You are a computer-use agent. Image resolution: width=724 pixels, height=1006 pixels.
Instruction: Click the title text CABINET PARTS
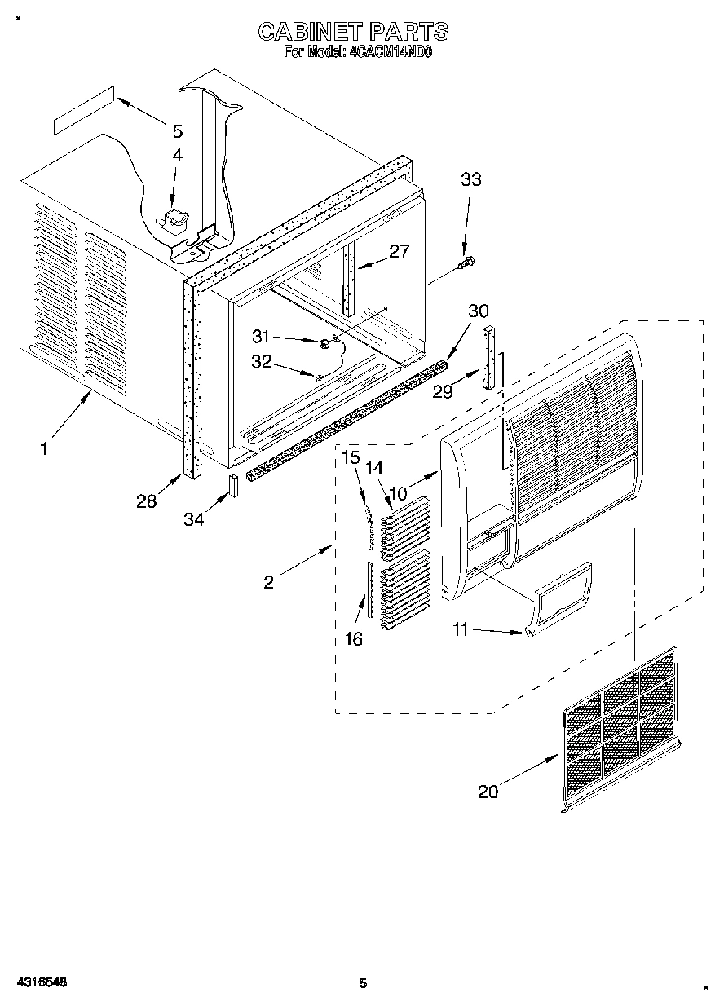[x=352, y=32]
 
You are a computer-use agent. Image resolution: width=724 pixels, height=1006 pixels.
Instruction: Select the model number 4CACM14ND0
[x=395, y=52]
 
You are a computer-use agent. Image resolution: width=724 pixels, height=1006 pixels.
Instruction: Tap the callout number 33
[x=470, y=180]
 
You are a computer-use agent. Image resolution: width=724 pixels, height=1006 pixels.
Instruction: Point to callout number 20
[x=488, y=791]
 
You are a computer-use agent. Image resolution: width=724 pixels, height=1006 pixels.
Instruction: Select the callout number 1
[x=45, y=448]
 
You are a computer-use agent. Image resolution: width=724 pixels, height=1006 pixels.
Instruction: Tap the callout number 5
[x=178, y=130]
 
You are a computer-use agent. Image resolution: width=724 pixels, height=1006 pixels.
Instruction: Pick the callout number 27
[x=399, y=251]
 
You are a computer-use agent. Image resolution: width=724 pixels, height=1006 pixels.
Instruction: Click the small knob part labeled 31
[x=324, y=343]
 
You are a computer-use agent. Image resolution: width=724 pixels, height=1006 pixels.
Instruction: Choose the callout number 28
[x=147, y=501]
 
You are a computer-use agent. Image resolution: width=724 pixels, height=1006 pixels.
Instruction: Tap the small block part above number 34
[x=232, y=485]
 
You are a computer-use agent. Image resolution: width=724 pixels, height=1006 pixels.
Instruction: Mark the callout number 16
[x=353, y=639]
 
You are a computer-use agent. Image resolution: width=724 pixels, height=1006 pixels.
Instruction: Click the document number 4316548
[x=40, y=982]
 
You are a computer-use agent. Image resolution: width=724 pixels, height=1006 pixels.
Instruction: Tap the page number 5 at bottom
[x=364, y=983]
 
